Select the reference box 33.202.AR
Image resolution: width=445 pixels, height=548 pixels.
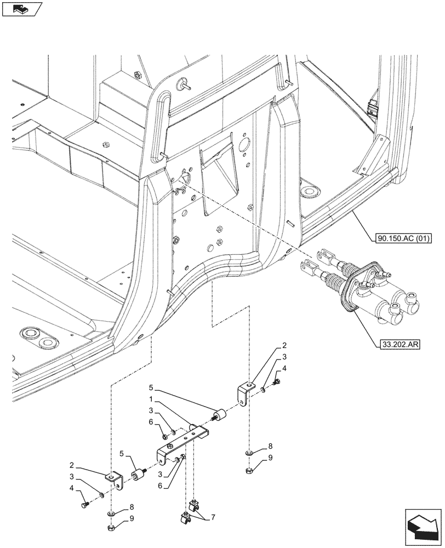(x=400, y=345)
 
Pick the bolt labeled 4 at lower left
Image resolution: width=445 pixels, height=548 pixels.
(x=83, y=503)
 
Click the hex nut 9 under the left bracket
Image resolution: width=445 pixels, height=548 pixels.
(x=110, y=529)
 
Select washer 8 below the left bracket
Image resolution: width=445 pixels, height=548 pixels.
(x=111, y=513)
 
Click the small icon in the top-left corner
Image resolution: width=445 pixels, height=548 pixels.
(x=22, y=9)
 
